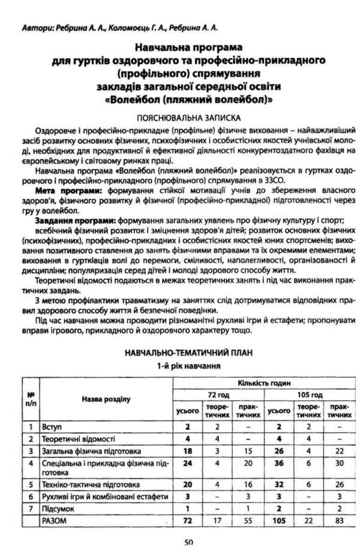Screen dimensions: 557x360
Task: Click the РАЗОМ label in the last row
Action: click(55, 522)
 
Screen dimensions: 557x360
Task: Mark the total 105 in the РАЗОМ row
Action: click(277, 522)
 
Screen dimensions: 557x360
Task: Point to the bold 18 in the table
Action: click(187, 450)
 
